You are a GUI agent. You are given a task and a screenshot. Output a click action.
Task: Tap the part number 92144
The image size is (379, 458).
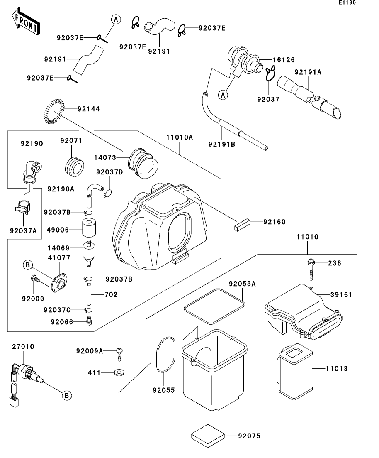(x=89, y=109)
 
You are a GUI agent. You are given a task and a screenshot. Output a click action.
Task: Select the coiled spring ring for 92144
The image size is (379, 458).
(x=54, y=111)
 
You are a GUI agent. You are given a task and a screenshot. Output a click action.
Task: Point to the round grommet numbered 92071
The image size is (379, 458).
(x=74, y=167)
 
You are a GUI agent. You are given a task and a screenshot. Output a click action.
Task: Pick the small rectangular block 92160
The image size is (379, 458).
(x=242, y=225)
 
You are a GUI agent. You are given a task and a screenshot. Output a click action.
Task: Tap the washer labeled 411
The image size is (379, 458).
(x=119, y=373)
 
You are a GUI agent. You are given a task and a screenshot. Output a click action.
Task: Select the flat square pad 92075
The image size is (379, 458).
(x=208, y=436)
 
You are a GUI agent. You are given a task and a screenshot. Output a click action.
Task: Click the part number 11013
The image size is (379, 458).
(x=337, y=369)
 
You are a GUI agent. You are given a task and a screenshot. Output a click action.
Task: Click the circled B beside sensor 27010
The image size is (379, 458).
(x=66, y=395)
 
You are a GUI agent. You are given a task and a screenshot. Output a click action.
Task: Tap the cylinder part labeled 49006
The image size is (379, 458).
(x=89, y=228)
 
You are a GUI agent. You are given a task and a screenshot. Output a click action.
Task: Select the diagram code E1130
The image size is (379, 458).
(x=347, y=2)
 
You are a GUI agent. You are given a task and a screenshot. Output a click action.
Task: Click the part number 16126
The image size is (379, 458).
(x=284, y=60)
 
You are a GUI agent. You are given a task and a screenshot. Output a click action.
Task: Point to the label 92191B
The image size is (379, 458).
(x=222, y=144)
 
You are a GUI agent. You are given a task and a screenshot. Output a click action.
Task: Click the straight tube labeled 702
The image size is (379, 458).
(x=89, y=294)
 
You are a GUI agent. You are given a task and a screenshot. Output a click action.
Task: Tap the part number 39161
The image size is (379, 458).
(x=341, y=295)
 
